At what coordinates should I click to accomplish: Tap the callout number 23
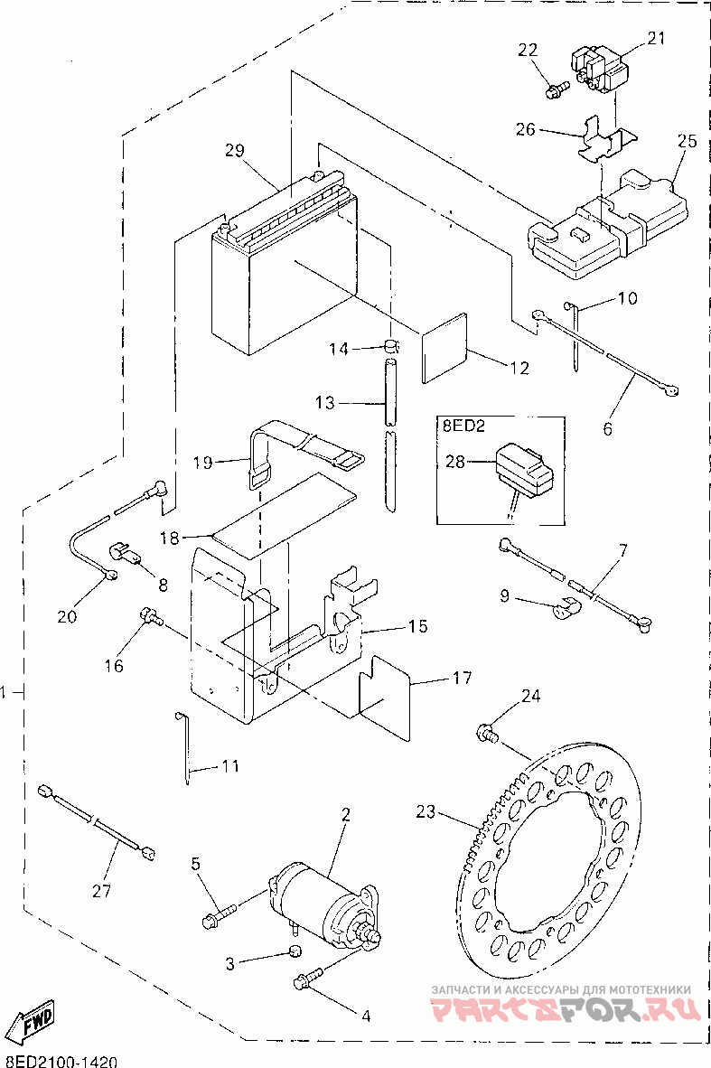pyautogui.click(x=425, y=812)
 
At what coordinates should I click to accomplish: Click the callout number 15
pyautogui.click(x=418, y=626)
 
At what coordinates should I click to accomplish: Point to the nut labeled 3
pyautogui.click(x=295, y=951)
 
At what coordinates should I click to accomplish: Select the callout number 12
pyautogui.click(x=519, y=369)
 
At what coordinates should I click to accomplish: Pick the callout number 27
pyautogui.click(x=101, y=890)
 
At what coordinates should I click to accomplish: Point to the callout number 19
pyautogui.click(x=203, y=463)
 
